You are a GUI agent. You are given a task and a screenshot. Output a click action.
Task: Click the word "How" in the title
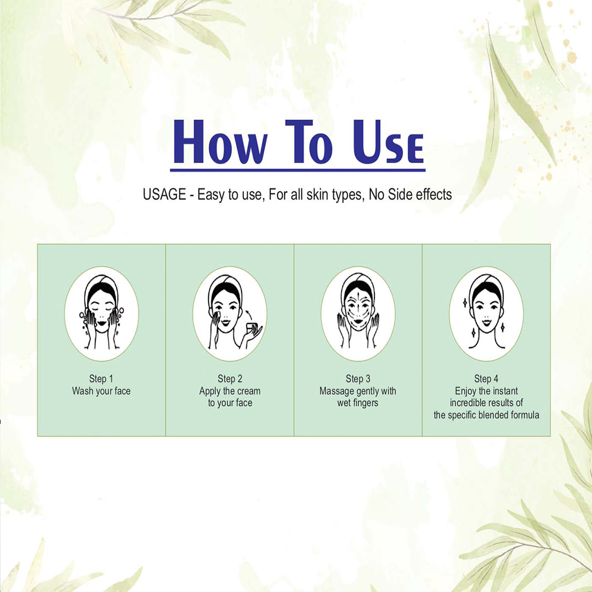(220, 141)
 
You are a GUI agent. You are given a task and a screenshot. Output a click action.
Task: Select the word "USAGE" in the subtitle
(164, 195)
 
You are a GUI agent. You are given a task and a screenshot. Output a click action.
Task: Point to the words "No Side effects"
(411, 195)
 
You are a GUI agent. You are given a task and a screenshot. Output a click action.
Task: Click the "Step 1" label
(101, 378)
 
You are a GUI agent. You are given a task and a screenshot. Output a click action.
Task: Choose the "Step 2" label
(230, 378)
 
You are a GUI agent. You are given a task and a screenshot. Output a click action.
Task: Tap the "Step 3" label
(358, 378)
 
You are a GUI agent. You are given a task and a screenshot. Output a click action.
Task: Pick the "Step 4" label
(486, 378)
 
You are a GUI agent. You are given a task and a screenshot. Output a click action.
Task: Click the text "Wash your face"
(101, 391)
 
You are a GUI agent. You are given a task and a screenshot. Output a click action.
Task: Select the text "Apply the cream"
(230, 391)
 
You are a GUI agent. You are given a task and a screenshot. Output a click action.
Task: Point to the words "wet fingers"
(357, 403)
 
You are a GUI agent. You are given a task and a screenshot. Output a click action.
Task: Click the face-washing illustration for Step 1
(101, 314)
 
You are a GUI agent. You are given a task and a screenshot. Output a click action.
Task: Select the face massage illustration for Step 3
(358, 314)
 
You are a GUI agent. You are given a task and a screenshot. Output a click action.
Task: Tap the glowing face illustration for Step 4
(486, 314)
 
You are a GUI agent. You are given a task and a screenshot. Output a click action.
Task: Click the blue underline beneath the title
(298, 170)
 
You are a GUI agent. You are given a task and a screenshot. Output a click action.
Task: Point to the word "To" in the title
(309, 141)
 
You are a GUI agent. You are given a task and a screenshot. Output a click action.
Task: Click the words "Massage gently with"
(358, 391)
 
